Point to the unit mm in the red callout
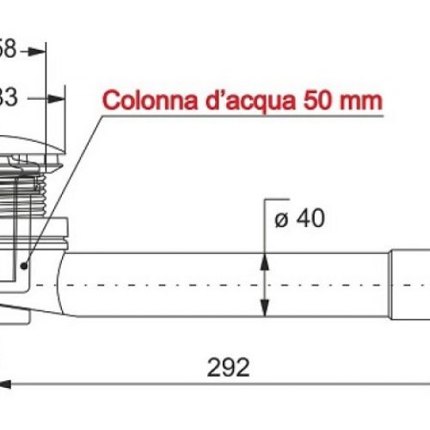[361, 99]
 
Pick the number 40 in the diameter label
[309, 219]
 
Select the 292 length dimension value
[229, 368]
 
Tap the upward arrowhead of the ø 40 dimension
[265, 261]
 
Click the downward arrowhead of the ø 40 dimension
[265, 310]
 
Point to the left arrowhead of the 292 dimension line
[7, 384]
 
